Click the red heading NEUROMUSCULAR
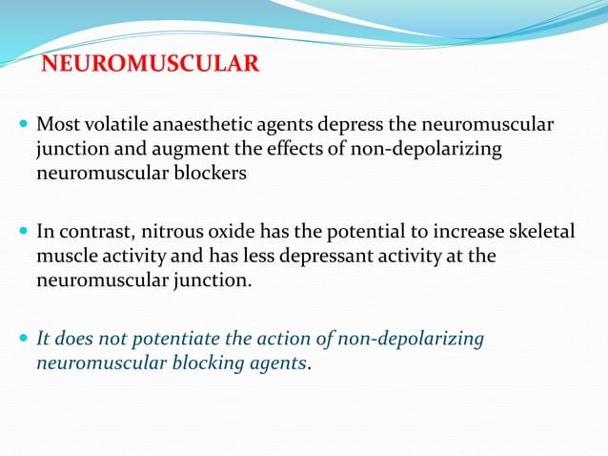pos(151,65)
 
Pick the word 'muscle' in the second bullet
pos(64,257)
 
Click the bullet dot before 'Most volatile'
pos(23,126)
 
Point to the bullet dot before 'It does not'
pos(23,339)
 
